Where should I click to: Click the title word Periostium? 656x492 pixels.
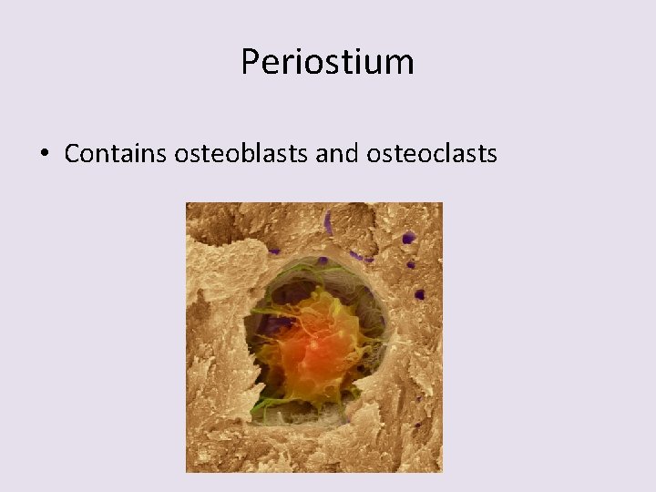[x=327, y=62]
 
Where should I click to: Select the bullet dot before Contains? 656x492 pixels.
[x=44, y=155]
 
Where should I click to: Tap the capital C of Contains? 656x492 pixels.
[x=73, y=154]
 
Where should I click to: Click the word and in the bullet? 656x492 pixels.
[x=337, y=154]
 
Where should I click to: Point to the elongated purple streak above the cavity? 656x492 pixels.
[x=328, y=222]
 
